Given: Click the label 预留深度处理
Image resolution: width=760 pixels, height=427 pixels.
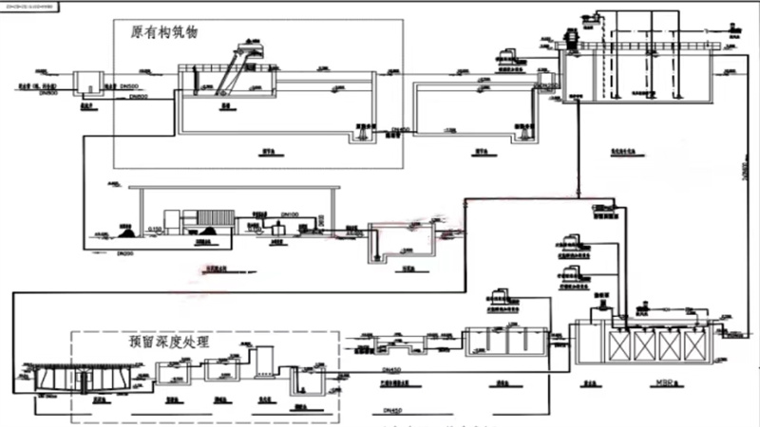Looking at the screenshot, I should pos(169,343).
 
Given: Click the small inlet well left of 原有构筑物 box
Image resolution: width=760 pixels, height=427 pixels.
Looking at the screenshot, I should pos(92,81).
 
